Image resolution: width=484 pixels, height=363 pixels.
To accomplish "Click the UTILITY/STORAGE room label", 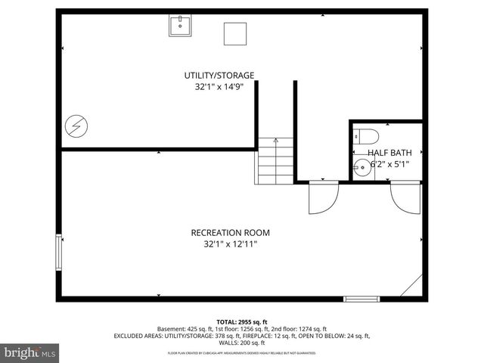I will pos(219,75).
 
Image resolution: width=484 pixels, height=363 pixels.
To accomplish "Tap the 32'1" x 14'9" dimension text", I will pos(219,87).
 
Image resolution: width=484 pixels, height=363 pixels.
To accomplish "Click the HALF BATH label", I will pos(389,152).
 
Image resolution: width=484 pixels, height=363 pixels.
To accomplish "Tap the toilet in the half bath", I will pos(367,137).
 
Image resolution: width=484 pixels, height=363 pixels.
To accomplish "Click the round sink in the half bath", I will pos(364,168).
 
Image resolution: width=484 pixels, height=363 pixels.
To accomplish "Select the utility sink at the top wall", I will pos(181,26).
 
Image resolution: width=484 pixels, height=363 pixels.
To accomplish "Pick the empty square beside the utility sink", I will pos(235,34).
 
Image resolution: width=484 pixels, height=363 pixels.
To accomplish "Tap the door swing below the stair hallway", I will pos(324,197).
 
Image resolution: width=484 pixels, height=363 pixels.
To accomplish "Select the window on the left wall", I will pos(58,252).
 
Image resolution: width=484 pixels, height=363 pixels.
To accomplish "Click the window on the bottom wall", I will pos(361,299).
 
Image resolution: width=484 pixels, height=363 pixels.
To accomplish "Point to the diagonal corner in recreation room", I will pos(412,286).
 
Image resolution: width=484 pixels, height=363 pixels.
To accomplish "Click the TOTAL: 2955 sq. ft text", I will pos(241,321).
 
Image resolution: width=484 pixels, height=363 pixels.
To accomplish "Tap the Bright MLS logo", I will pos(30,352).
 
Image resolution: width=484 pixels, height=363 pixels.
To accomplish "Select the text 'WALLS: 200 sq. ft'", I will pos(242,343).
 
